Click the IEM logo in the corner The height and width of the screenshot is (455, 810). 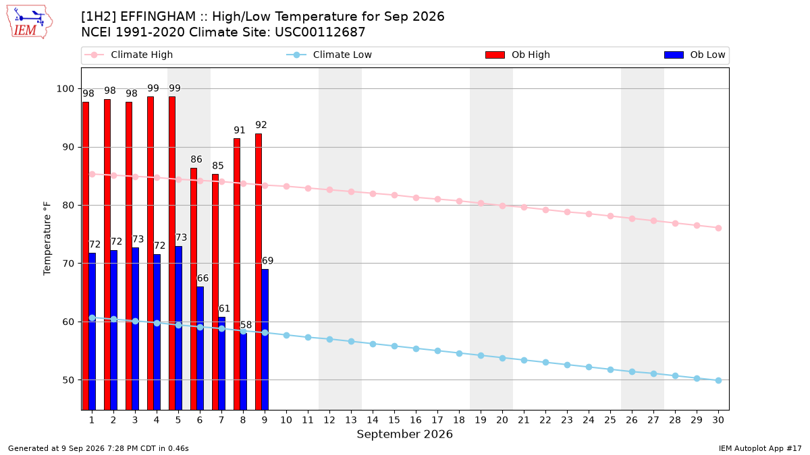[x=29, y=22]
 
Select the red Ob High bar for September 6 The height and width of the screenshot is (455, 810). [x=194, y=289]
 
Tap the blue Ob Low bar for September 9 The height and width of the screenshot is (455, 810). [x=265, y=340]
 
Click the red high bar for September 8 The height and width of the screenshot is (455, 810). [x=237, y=274]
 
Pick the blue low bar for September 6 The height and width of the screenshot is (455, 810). [x=200, y=348]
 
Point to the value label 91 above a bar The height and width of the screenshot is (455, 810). [x=240, y=130]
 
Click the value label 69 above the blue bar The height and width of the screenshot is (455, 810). [x=267, y=261]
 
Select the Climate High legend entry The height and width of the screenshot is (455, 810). [x=129, y=55]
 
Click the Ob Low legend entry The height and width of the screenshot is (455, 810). [x=695, y=55]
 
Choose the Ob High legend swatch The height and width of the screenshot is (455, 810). [x=495, y=55]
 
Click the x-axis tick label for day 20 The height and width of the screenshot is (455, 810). [x=502, y=420]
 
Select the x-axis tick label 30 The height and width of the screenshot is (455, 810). [x=718, y=420]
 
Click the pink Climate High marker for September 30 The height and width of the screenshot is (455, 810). [x=718, y=229]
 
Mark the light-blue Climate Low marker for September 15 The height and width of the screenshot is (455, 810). [x=394, y=346]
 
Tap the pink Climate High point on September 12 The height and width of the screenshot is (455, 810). [x=330, y=189]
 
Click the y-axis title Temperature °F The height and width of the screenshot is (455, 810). [x=47, y=239]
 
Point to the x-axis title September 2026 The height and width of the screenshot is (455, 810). [x=404, y=434]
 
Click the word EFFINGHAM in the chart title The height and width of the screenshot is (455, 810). [x=158, y=17]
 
